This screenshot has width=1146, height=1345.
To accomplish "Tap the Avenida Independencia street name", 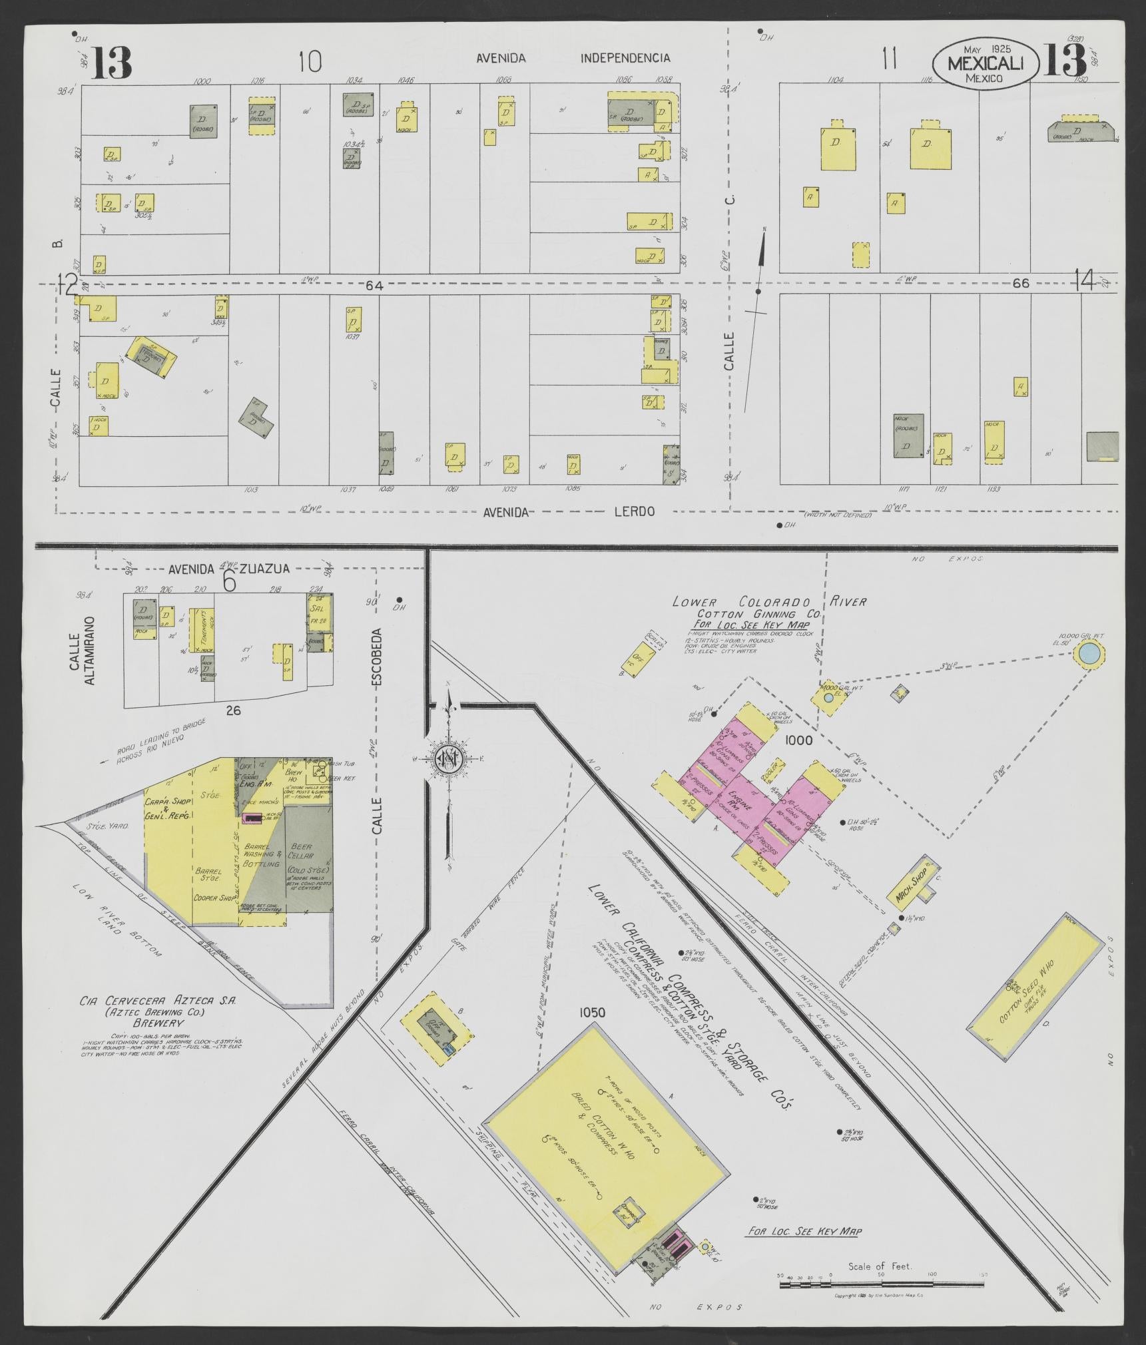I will [x=573, y=58].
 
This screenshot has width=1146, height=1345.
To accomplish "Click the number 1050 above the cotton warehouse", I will [x=591, y=1031].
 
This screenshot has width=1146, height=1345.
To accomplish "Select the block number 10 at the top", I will [x=310, y=62].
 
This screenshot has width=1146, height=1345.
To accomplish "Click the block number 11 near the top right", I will [x=888, y=61].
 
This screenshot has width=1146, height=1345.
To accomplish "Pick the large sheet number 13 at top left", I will [x=112, y=63].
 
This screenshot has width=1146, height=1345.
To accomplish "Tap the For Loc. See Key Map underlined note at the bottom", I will [x=804, y=1231].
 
